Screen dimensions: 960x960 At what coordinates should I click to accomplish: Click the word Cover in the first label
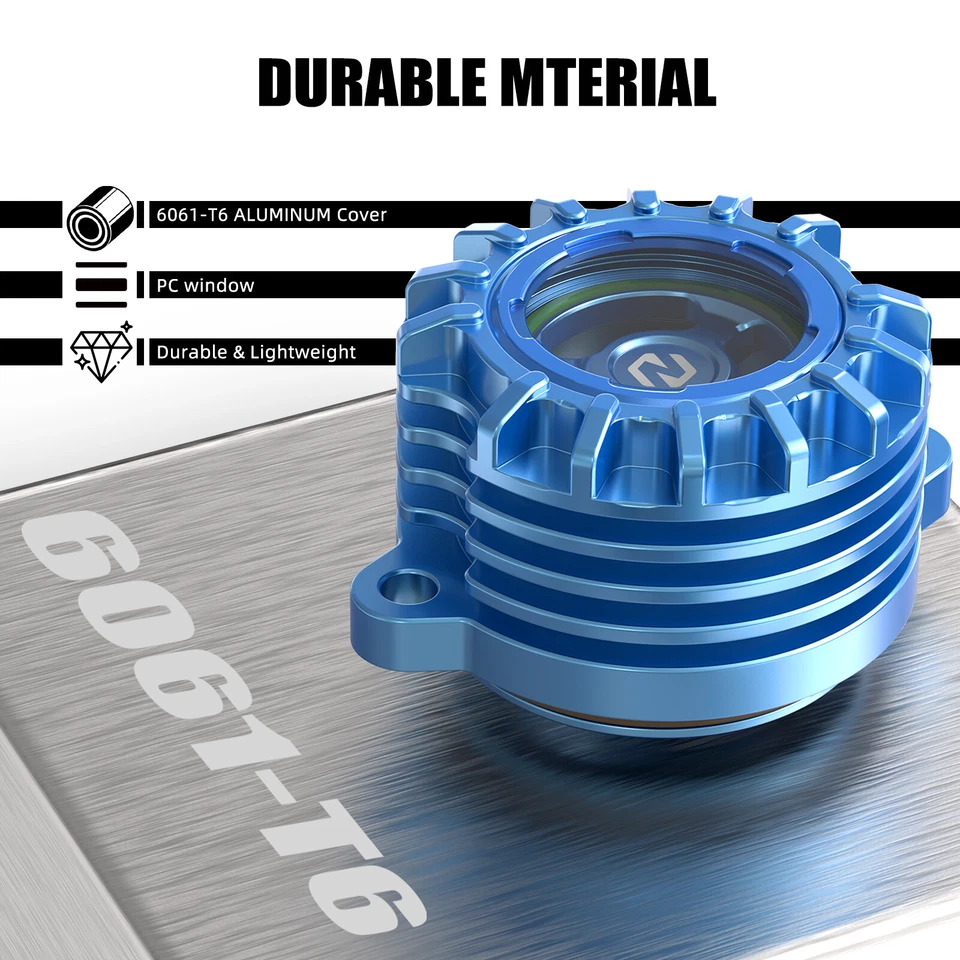click(361, 215)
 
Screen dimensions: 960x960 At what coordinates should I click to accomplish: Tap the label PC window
click(205, 285)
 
